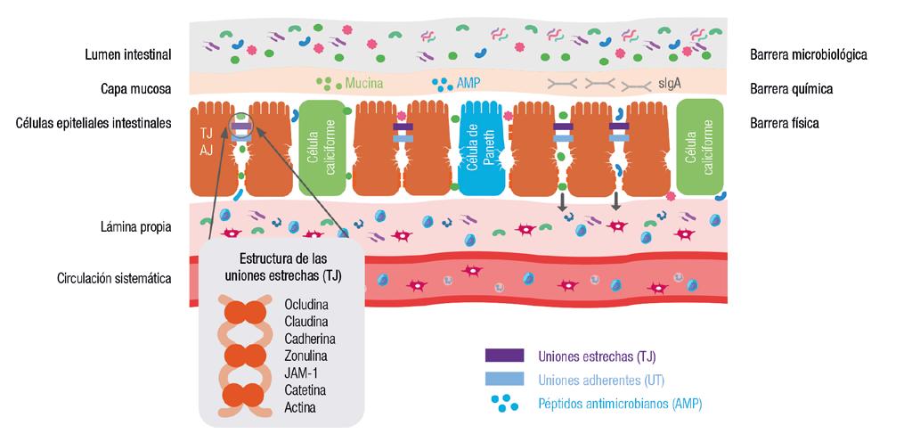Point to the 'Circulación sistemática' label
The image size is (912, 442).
pos(114,278)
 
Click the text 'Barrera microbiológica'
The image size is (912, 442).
pos(808,55)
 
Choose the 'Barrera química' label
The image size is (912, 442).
pos(792,88)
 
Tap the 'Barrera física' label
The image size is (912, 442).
pos(784,123)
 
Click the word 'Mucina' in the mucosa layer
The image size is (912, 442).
pos(363,83)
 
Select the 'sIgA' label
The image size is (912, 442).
pos(670,83)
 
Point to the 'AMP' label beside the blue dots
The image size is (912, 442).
pos(468,83)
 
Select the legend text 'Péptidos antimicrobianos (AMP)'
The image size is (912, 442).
pos(621,404)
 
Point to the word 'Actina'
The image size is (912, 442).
pos(300,407)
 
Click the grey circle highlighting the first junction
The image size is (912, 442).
pos(240,129)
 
